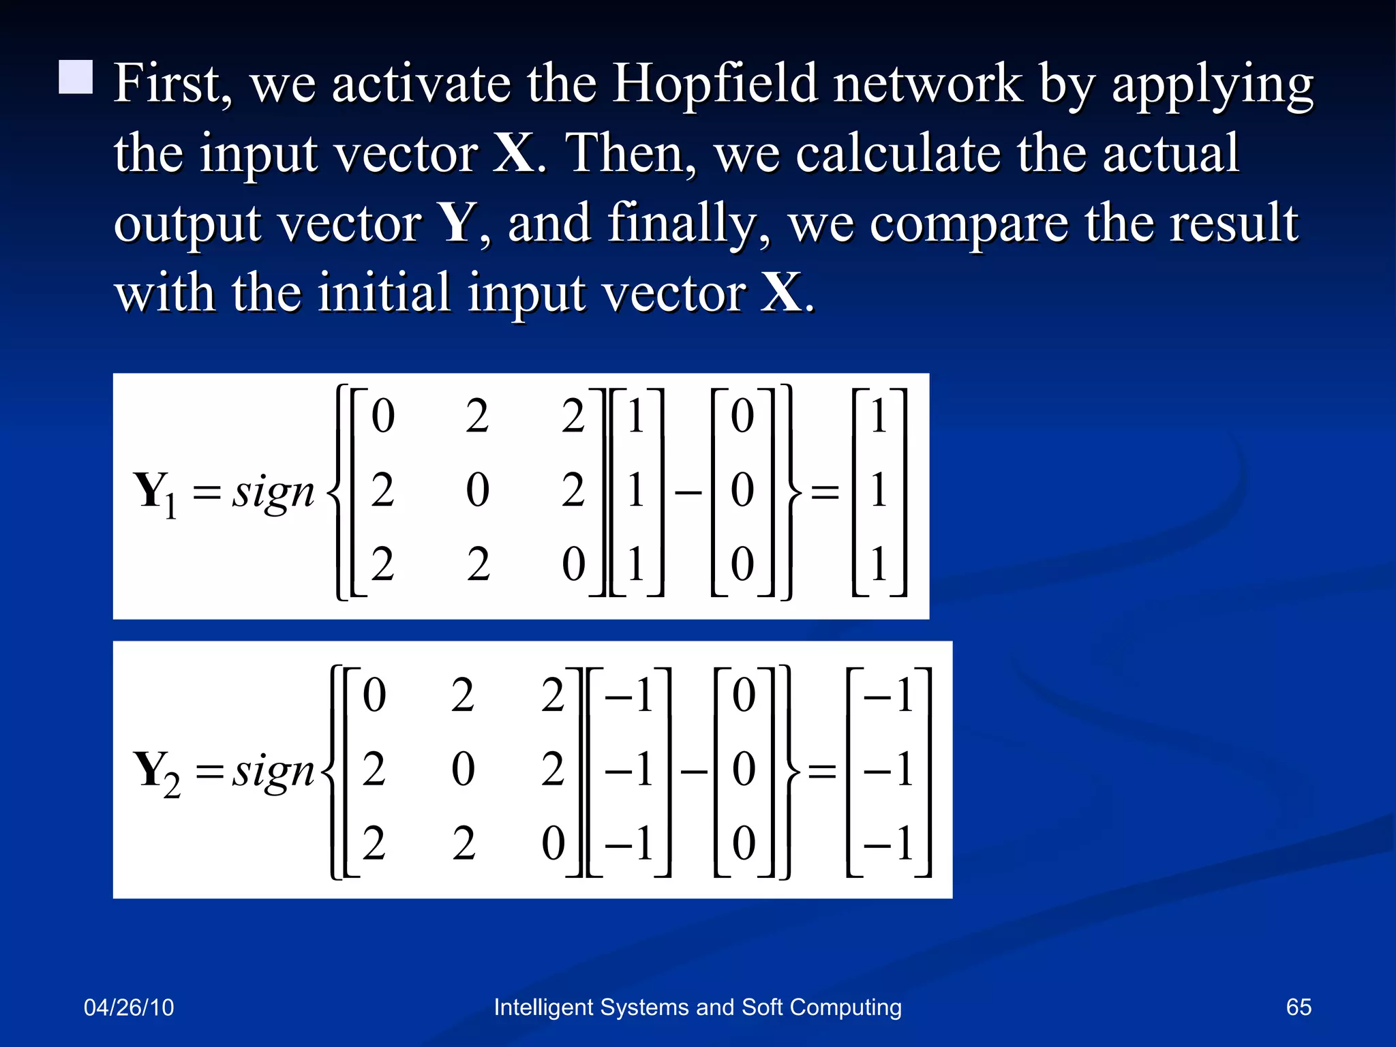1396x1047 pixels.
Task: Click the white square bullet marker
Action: coord(76,76)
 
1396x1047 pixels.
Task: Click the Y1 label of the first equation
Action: coord(155,494)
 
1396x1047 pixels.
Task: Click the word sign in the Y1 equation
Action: coord(273,492)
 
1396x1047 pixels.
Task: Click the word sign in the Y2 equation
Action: coord(273,772)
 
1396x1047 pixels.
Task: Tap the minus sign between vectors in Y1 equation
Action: coord(688,491)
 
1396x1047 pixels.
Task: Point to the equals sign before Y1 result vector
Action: coord(825,491)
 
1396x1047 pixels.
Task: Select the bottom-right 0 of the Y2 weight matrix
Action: coord(553,843)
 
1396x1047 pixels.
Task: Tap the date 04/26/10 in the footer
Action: coord(129,1007)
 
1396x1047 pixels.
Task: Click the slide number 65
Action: coord(1298,1007)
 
